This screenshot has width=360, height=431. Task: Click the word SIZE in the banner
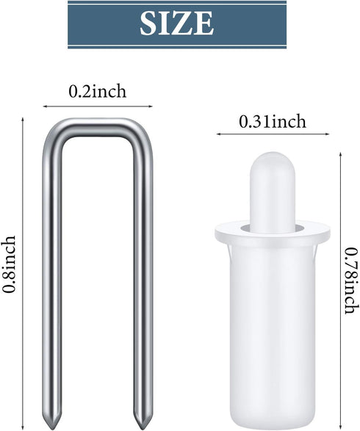tap(176, 23)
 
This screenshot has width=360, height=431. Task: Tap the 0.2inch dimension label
tap(98, 91)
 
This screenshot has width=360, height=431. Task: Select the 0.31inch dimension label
tap(273, 121)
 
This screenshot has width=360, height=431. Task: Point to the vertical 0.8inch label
tap(9, 264)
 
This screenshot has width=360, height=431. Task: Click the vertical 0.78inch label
tap(352, 280)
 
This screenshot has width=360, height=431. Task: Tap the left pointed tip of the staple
tap(51, 428)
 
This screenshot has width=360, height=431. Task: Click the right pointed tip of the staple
tap(143, 428)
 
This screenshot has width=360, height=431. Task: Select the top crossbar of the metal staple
tap(98, 128)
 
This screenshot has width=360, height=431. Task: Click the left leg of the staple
tap(51, 275)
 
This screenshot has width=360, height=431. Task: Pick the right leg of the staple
tap(143, 275)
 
